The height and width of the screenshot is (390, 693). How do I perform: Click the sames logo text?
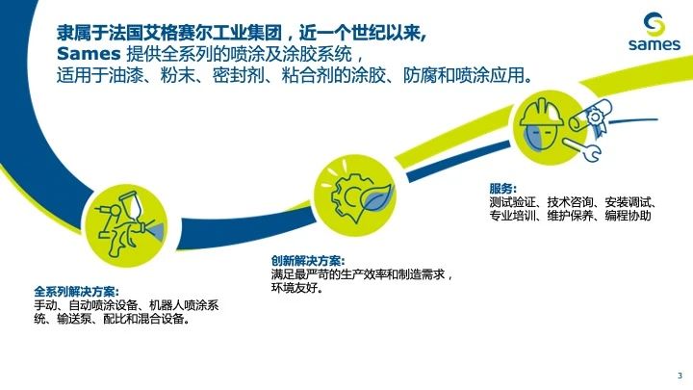click(654, 43)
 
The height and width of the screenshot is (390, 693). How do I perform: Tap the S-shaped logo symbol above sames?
click(654, 24)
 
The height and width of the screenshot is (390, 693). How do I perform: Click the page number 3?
click(680, 376)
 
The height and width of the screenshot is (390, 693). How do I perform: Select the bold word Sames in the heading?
click(89, 54)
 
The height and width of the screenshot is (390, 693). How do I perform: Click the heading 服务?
click(502, 189)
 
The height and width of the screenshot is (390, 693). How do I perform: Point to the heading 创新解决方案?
click(308, 261)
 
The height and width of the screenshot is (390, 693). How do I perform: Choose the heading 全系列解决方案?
click(76, 292)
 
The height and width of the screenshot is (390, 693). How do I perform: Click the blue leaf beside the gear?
click(377, 198)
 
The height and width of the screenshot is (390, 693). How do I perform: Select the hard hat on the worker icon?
click(542, 114)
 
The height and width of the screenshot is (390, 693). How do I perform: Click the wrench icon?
click(582, 149)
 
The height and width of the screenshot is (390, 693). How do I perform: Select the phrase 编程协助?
click(628, 216)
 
